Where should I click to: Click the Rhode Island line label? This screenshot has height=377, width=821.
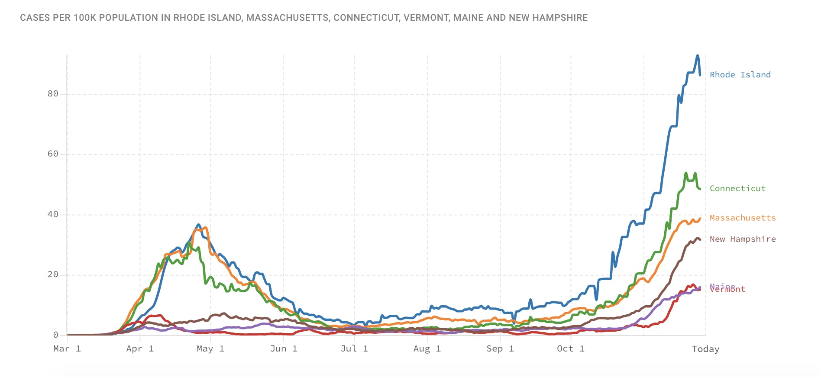tap(740, 75)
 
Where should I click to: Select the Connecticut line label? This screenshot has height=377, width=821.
tap(737, 188)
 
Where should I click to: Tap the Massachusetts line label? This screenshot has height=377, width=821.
tap(743, 218)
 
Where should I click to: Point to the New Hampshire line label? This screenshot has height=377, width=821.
tap(743, 239)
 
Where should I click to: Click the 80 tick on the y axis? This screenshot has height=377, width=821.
tap(53, 94)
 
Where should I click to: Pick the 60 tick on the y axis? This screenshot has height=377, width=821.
tap(53, 154)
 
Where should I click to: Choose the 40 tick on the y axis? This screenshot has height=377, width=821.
tap(53, 214)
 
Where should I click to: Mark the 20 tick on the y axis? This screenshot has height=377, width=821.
tap(53, 275)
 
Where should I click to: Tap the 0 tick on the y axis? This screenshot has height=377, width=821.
tap(55, 335)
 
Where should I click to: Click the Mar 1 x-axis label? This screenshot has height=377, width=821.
tap(67, 349)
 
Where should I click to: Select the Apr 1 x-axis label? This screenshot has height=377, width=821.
tap(140, 349)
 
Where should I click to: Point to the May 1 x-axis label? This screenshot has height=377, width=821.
tap(210, 349)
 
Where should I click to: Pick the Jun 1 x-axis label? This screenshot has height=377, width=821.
tap(284, 349)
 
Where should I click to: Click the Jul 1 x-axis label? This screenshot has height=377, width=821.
tap(354, 349)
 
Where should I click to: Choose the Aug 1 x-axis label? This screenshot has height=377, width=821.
tap(427, 349)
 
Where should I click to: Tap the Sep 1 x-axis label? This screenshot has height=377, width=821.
tap(500, 349)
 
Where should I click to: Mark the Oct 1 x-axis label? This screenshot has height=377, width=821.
tap(571, 349)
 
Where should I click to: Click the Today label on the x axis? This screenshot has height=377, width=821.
tap(705, 349)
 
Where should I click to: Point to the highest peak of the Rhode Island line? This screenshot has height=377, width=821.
tap(698, 55)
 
